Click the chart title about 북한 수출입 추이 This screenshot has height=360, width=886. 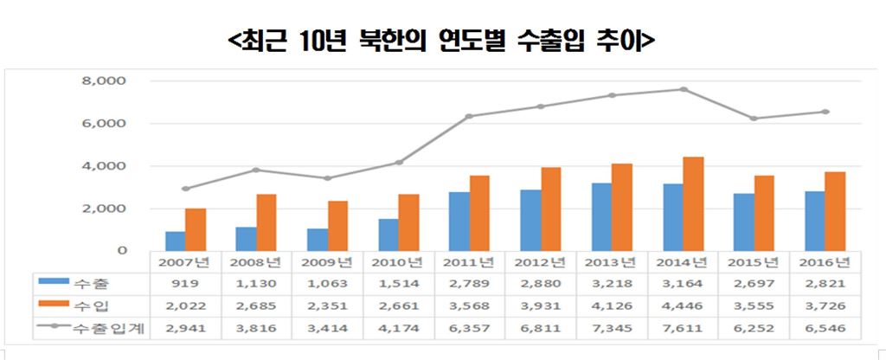pyautogui.click(x=442, y=41)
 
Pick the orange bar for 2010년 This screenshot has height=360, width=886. pyautogui.click(x=408, y=222)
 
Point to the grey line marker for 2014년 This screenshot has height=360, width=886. pyautogui.click(x=683, y=89)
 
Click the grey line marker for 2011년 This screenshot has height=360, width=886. pyautogui.click(x=470, y=116)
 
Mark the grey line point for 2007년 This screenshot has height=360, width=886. pyautogui.click(x=185, y=189)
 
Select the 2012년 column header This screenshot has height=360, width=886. pyautogui.click(x=540, y=261)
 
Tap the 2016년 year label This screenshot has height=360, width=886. pyautogui.click(x=825, y=261)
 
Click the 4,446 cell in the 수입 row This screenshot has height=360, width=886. pyautogui.click(x=682, y=305)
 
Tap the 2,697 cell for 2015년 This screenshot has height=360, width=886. pyautogui.click(x=754, y=282)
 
